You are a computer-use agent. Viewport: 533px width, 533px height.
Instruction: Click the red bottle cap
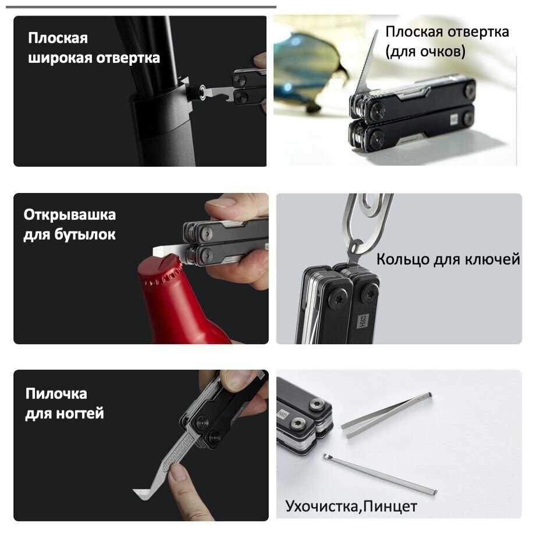coord(160,270)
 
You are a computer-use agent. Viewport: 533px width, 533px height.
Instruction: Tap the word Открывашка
coord(70,215)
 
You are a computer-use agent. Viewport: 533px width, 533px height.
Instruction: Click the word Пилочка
coord(56,394)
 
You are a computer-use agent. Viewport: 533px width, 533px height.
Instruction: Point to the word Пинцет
coord(390,506)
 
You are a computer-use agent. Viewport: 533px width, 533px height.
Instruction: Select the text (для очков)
coord(425,52)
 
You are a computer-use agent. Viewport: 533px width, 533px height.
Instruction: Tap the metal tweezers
coord(387,415)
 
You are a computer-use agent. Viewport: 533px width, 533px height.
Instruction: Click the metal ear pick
coord(380,474)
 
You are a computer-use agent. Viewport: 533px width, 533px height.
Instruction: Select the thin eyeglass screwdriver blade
coord(367,62)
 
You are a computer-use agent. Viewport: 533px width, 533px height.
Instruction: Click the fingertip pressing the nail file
coord(179,474)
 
